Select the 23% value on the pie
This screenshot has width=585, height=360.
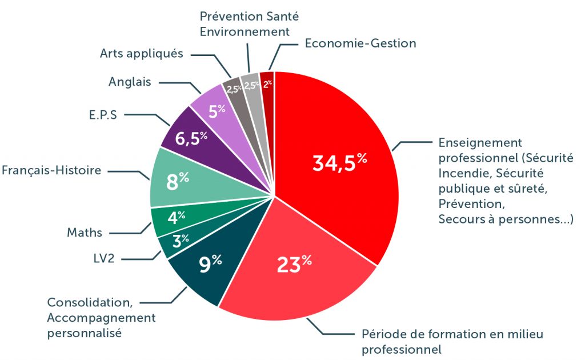click(294, 265)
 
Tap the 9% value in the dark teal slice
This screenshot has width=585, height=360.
click(210, 263)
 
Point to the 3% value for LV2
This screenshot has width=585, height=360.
click(181, 240)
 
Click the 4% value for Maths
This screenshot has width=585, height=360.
click(176, 217)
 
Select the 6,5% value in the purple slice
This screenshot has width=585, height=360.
click(191, 138)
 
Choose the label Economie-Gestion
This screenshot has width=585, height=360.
click(360, 43)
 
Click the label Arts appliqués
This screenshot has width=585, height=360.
click(141, 54)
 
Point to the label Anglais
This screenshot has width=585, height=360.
click(130, 82)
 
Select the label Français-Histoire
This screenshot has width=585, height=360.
click(51, 170)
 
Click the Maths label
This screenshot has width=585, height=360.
click(85, 233)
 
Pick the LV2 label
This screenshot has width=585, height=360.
click(103, 258)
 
